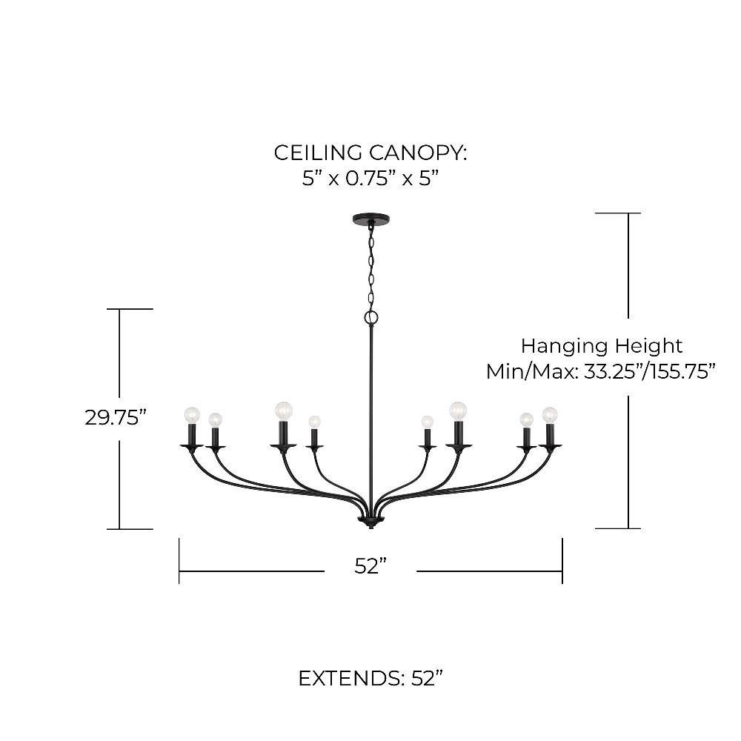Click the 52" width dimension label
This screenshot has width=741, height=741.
coord(371,566)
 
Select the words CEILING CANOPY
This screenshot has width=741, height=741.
coord(370,153)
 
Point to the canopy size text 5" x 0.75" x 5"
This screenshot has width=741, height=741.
coord(370,179)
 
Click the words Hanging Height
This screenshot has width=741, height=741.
coord(601,345)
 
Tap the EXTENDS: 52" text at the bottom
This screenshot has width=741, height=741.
coord(370,678)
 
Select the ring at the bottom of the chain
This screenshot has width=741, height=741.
coord(371,318)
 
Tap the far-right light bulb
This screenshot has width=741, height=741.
coord(549,414)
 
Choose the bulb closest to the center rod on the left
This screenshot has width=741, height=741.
coord(314,422)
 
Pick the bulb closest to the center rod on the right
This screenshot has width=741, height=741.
coord(427,422)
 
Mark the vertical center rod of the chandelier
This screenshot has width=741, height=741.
coord(370,415)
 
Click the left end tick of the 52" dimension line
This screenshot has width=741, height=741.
coord(179,561)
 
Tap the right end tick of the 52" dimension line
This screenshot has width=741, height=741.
coord(562,561)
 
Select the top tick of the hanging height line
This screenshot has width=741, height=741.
coord(618,213)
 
